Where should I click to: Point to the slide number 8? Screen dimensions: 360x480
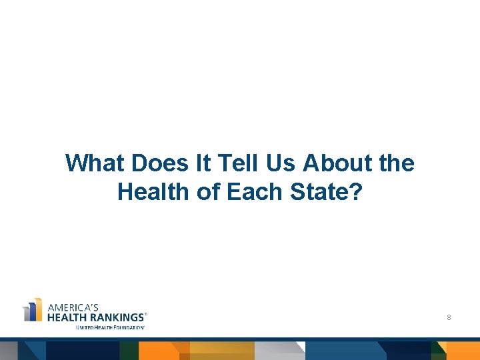(449, 318)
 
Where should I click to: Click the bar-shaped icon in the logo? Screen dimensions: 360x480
(33, 311)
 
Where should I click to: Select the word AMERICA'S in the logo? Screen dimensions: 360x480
(73, 307)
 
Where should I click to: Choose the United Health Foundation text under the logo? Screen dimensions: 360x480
(109, 327)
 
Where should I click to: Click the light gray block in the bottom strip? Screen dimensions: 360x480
(279, 351)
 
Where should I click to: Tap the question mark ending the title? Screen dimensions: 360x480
(357, 192)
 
